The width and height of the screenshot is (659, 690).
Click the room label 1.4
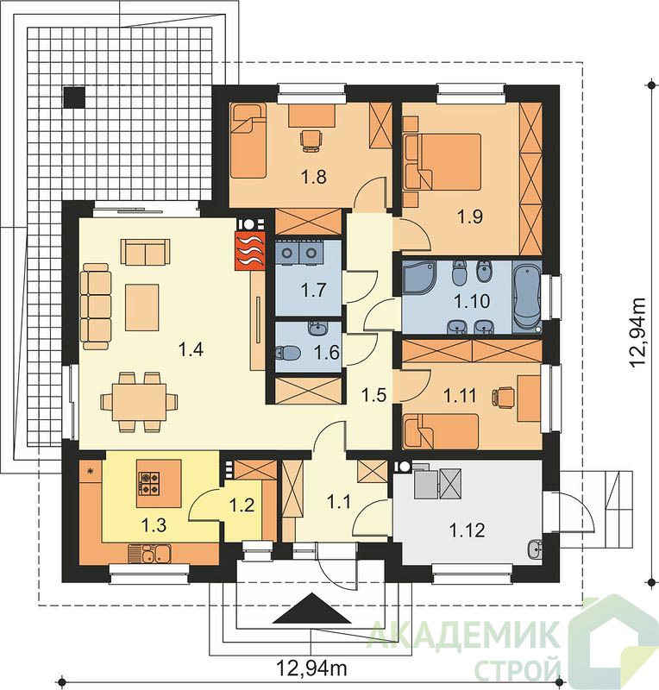point(191,350)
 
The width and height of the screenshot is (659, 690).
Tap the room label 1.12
point(467,530)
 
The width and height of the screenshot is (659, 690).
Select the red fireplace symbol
point(250,250)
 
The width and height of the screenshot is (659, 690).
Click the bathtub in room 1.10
point(527,296)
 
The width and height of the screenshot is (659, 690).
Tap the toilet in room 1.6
point(287,353)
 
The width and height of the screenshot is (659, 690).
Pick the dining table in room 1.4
point(140,402)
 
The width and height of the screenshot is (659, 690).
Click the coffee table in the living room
point(141,307)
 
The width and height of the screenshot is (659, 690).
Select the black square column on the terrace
point(74,97)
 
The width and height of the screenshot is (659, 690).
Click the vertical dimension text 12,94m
point(638,333)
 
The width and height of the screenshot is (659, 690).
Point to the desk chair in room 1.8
point(311,141)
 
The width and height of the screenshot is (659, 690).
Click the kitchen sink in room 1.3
point(150,553)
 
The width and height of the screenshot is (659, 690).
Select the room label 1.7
point(313,290)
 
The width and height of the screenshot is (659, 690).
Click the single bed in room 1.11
point(441,431)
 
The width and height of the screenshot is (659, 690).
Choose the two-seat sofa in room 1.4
point(145,252)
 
